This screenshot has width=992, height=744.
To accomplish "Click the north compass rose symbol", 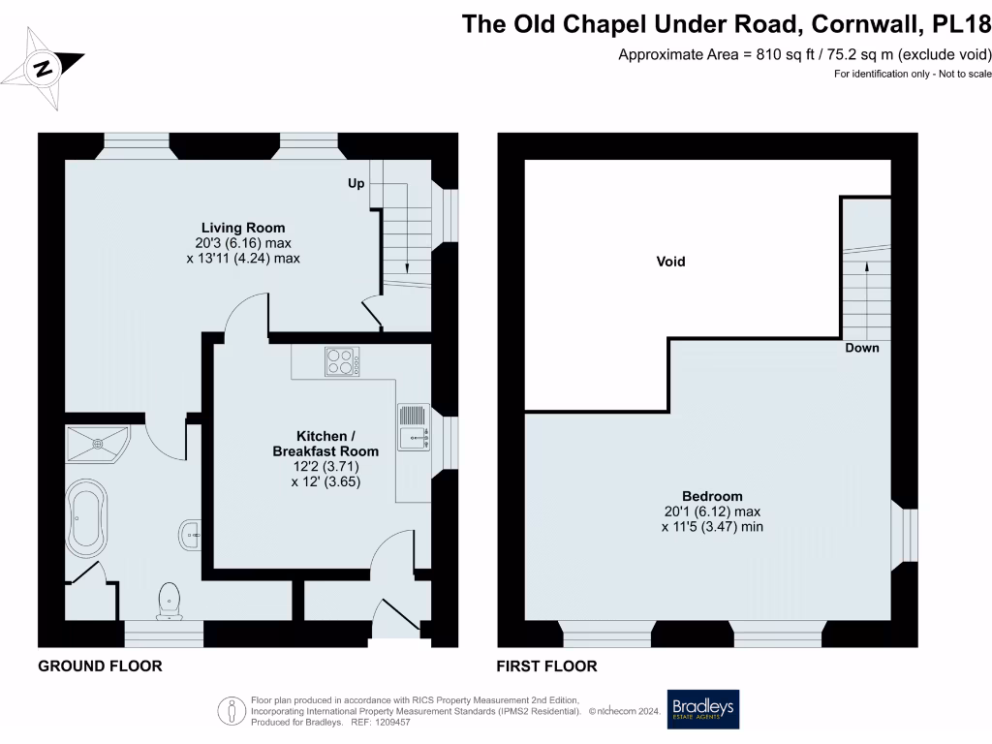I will click(43, 67).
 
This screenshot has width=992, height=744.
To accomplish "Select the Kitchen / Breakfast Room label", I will click(325, 443).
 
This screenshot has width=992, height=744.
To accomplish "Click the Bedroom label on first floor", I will click(712, 496).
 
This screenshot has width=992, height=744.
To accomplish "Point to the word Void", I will click(670, 262).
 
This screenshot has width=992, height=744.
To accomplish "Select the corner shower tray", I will click(97, 445).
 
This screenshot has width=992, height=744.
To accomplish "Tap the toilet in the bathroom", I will click(170, 600).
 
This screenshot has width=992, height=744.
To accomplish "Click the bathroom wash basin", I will click(191, 532).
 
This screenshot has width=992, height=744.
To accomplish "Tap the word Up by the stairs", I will click(356, 183).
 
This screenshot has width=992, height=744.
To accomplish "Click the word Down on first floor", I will click(861, 348).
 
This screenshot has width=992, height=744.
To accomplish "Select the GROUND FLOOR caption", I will click(99, 666).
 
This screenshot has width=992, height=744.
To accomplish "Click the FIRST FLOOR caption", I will click(546, 666).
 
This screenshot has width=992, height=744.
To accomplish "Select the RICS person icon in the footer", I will click(232, 710).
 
